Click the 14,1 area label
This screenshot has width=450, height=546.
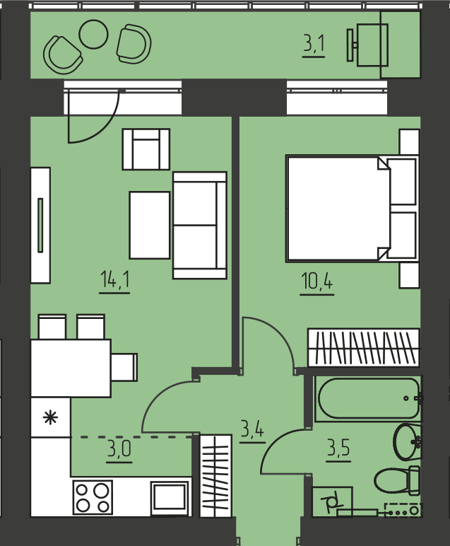click(x=114, y=279)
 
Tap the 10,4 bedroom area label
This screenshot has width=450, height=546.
click(x=317, y=281)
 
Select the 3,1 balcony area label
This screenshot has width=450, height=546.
click(x=314, y=45)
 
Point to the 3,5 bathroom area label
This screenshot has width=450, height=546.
click(x=338, y=448)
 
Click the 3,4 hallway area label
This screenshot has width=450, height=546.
click(x=252, y=429)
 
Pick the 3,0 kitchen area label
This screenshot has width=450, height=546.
click(x=119, y=449)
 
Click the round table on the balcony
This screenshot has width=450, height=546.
click(x=93, y=34)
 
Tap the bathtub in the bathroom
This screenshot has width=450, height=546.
click(x=369, y=398)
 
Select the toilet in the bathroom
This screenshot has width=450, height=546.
click(x=397, y=480)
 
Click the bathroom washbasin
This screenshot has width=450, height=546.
click(x=407, y=441)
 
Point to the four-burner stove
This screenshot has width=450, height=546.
click(x=93, y=497)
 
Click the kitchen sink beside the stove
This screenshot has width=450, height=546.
click(x=170, y=498)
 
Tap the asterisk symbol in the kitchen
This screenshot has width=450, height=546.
click(x=50, y=417)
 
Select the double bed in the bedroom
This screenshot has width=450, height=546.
click(x=353, y=209)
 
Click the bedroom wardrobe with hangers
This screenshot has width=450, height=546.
click(x=364, y=347)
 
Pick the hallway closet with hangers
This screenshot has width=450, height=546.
click(x=215, y=475)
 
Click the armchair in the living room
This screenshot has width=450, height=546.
click(x=146, y=149)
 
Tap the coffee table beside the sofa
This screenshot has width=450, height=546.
click(x=150, y=225)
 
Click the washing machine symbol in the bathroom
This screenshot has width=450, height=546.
click(x=332, y=501)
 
